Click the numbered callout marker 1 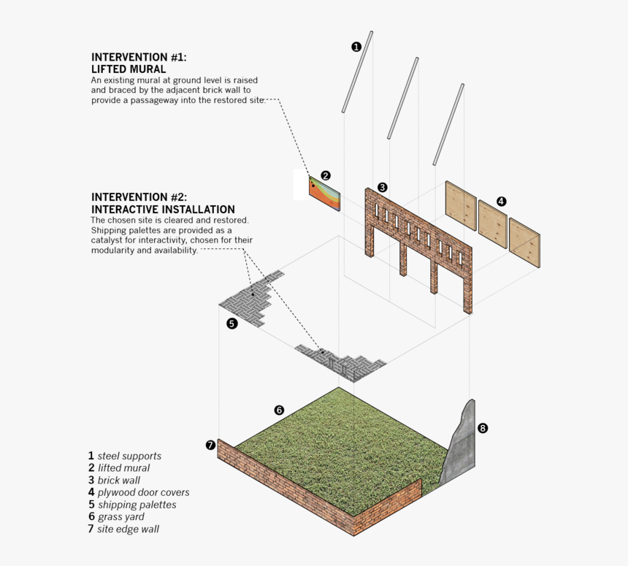coord(356,47)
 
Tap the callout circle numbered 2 coord(326,175)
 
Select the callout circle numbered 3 coord(382,187)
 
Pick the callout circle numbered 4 coord(501,201)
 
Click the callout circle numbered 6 coord(279,410)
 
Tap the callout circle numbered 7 coord(210,444)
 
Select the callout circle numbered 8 coord(482,428)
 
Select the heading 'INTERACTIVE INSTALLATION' coord(163,210)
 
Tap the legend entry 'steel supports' coord(129,456)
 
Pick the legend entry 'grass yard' coord(120,517)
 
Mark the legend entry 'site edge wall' coord(128,529)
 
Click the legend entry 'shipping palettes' coord(137,505)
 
